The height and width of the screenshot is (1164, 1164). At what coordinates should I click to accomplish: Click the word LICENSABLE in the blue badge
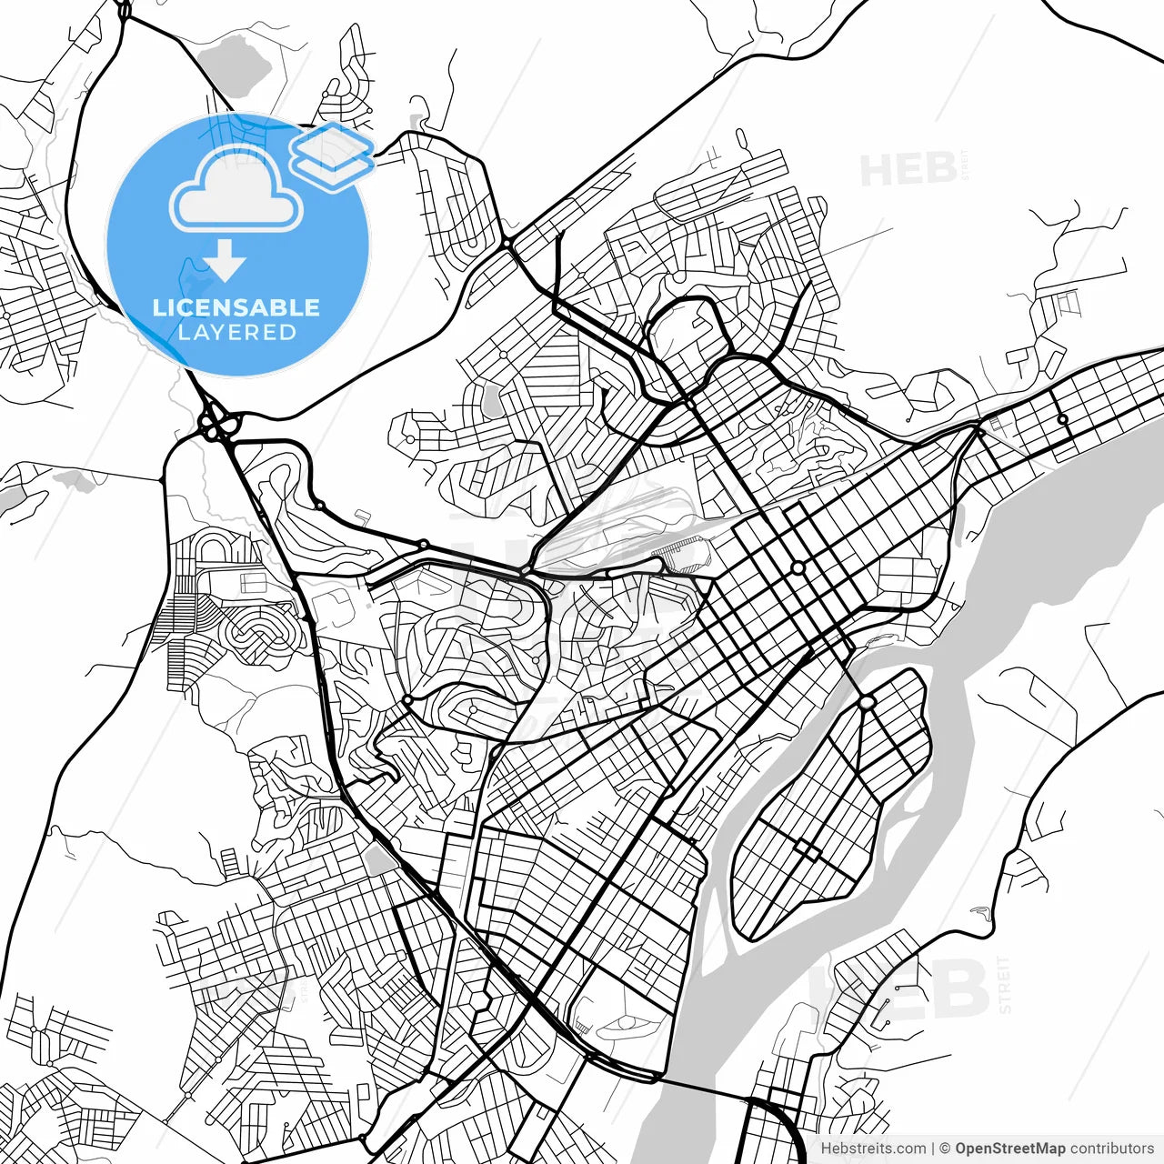tap(236, 307)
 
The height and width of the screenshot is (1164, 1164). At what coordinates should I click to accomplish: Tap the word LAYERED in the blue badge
tap(236, 332)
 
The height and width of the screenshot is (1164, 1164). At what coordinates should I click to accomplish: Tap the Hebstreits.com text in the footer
tap(873, 1149)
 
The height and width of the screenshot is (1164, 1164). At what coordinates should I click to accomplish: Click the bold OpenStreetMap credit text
tap(1010, 1149)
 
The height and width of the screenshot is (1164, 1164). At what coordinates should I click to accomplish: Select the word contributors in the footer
tap(1111, 1149)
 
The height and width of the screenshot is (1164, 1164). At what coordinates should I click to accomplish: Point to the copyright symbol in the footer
tap(945, 1149)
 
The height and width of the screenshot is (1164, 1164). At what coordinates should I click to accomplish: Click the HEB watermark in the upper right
tap(909, 170)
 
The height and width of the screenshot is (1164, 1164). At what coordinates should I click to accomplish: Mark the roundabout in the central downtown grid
tap(798, 567)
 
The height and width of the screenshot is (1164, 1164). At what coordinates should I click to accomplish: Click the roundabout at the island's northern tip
tap(866, 702)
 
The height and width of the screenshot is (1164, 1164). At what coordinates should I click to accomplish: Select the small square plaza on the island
tap(807, 850)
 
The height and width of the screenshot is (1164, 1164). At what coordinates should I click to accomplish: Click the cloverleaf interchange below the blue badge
tap(216, 424)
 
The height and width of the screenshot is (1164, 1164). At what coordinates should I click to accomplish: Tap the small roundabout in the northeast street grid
tap(1061, 419)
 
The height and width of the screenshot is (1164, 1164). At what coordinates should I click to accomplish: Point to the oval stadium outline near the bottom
tap(627, 1022)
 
